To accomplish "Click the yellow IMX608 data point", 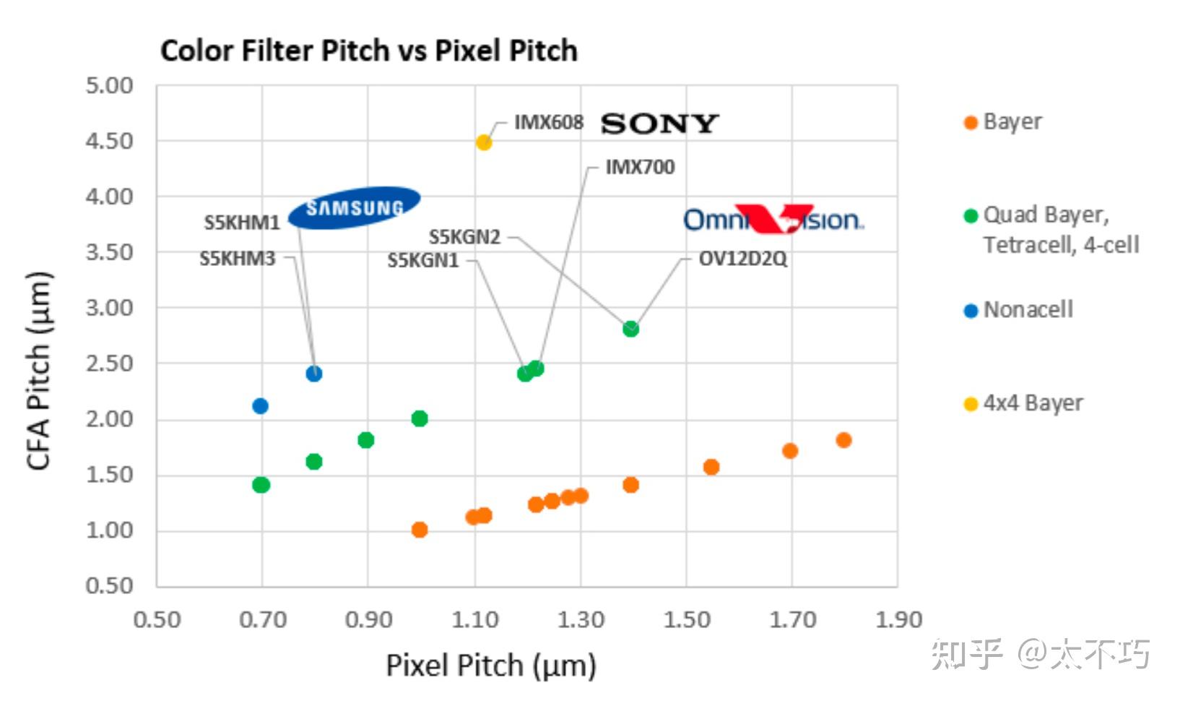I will [x=484, y=142].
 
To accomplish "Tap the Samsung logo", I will [x=354, y=208].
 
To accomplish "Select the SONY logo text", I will [x=659, y=124].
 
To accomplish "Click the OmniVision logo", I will [x=773, y=218].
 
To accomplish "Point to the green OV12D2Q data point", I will [x=630, y=329].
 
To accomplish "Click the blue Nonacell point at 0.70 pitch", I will [x=261, y=406].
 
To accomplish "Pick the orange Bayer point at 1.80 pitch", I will [x=843, y=440].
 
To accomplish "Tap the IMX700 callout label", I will [x=640, y=167].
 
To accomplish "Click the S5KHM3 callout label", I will [x=238, y=258].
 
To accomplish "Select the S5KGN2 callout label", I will [x=464, y=236].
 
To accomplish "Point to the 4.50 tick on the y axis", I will [x=110, y=141].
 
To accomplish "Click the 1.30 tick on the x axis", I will [x=581, y=619].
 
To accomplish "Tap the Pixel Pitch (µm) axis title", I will [x=491, y=666].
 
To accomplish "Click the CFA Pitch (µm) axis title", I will [x=39, y=370].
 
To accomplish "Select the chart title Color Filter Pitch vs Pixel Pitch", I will [x=368, y=51].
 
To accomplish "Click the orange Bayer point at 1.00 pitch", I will [x=420, y=530].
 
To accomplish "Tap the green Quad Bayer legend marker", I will [x=971, y=215].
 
